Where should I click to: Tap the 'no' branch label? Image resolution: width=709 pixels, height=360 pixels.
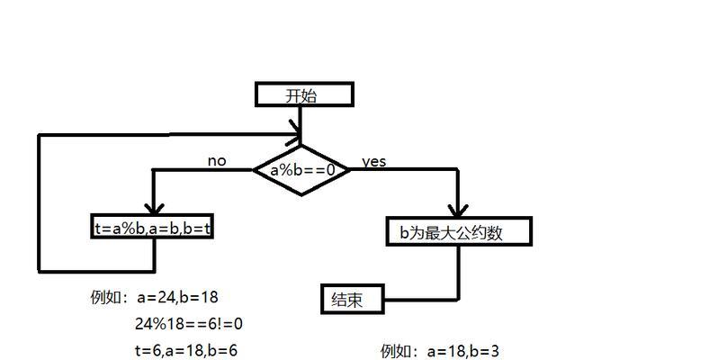tap(217, 161)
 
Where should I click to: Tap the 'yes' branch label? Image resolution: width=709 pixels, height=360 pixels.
tap(373, 161)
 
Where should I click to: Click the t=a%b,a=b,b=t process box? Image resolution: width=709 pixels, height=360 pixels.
tap(153, 228)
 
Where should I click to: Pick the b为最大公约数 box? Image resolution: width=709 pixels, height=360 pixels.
tap(459, 232)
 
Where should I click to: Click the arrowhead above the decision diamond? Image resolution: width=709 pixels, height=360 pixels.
tap(301, 138)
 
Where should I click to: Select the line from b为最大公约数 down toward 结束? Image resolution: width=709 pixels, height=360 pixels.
tap(459, 270)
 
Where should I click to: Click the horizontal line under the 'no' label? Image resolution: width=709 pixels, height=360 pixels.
tap(202, 170)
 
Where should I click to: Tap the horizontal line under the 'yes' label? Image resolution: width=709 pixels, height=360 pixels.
tap(405, 170)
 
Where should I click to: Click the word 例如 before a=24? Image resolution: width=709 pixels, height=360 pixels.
tap(105, 296)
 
